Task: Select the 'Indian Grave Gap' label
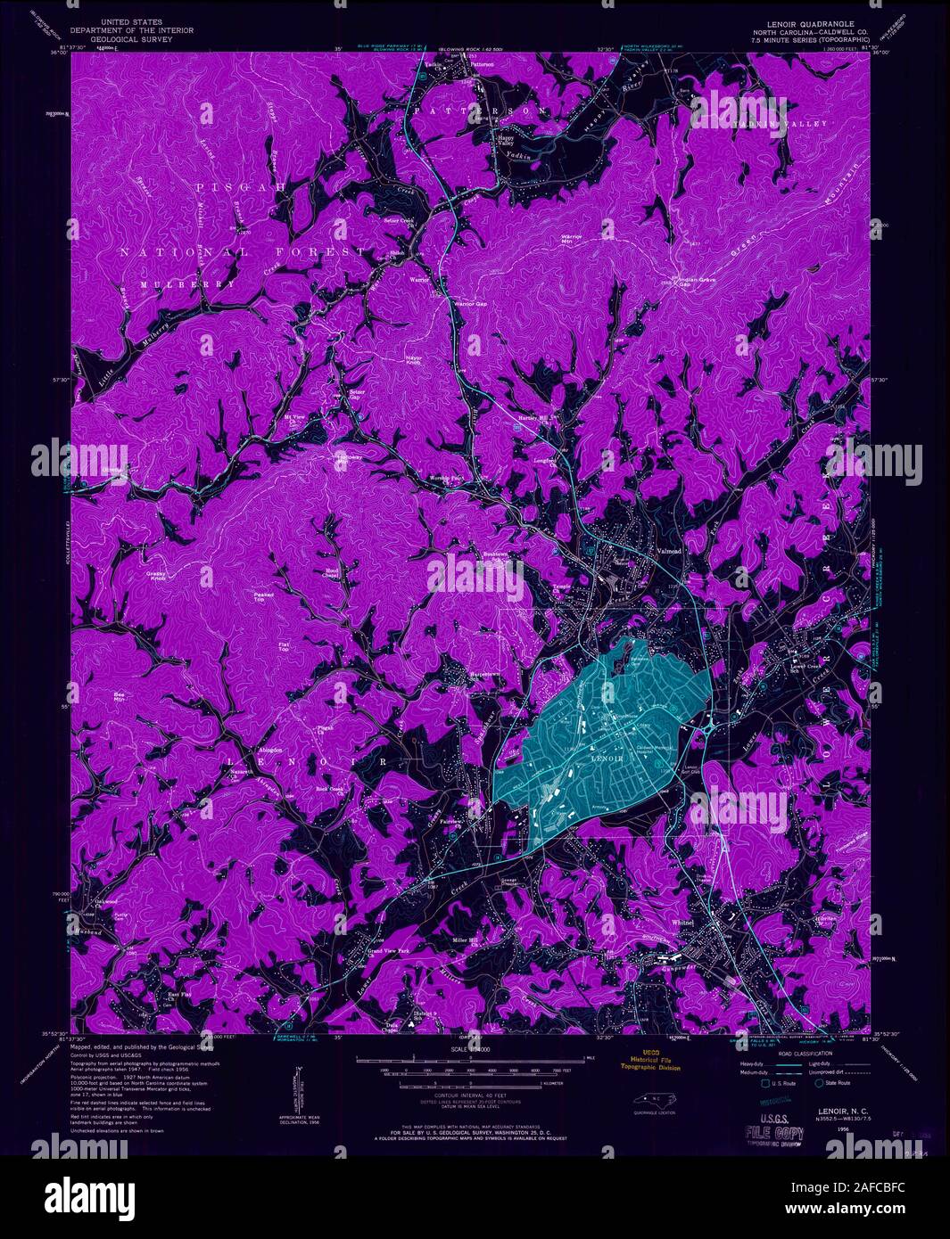(699, 281)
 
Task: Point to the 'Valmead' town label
(669, 552)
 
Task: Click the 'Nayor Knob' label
(406, 360)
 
